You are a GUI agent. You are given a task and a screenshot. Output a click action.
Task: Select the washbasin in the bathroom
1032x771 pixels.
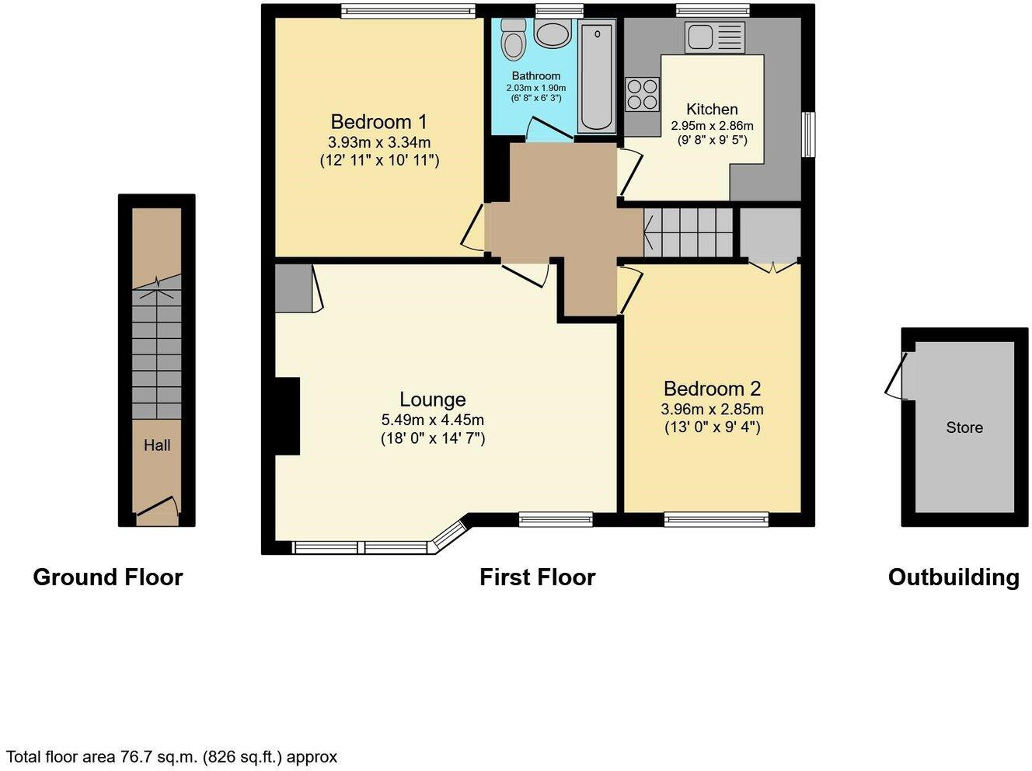coord(552,34)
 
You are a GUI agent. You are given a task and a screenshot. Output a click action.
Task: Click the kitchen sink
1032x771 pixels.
coord(714,37)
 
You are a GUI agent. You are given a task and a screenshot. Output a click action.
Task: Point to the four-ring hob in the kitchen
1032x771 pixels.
coord(643,94)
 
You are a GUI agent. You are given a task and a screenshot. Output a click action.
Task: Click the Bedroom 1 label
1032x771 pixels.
coord(378,122)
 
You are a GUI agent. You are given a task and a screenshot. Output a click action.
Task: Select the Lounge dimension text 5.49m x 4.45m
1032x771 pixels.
coord(432,420)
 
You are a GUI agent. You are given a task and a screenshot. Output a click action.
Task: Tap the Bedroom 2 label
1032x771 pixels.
coord(712,389)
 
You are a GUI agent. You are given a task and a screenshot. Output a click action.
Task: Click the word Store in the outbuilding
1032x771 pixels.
coord(964,427)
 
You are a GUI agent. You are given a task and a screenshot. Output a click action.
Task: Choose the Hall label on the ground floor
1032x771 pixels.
coord(157,445)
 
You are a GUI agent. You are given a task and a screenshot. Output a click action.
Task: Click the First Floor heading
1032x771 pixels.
coord(537,577)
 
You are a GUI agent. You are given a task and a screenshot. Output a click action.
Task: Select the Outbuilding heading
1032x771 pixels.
coord(954,577)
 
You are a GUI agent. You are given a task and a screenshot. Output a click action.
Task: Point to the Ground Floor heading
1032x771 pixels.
coord(108,577)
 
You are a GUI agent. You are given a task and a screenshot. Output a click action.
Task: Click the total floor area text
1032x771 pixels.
coord(172,756)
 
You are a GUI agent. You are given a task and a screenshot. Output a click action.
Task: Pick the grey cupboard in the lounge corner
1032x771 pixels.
coord(291,288)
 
